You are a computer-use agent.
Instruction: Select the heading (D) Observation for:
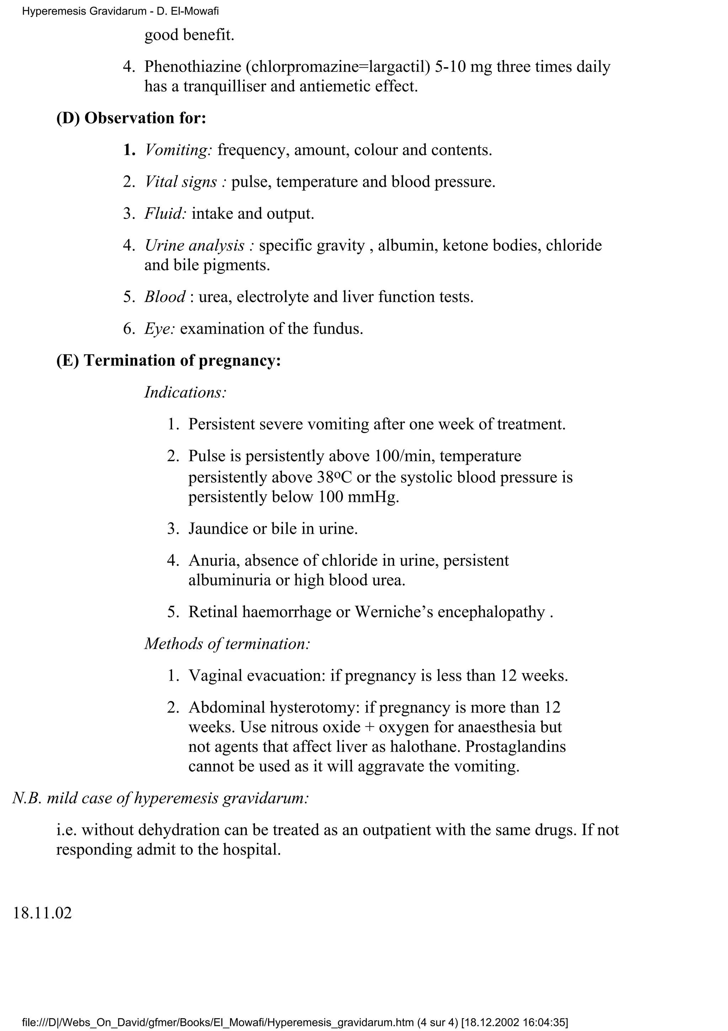131,118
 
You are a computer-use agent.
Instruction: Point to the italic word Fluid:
165,214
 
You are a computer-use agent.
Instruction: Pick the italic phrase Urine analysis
195,245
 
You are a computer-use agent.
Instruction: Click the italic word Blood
164,297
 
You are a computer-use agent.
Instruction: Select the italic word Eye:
159,329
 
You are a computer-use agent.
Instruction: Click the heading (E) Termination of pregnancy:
168,361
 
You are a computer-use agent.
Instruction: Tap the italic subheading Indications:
185,392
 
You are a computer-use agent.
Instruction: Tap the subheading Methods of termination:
227,644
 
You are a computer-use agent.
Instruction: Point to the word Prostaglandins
515,746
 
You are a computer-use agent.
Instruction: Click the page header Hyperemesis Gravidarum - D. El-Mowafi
120,11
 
